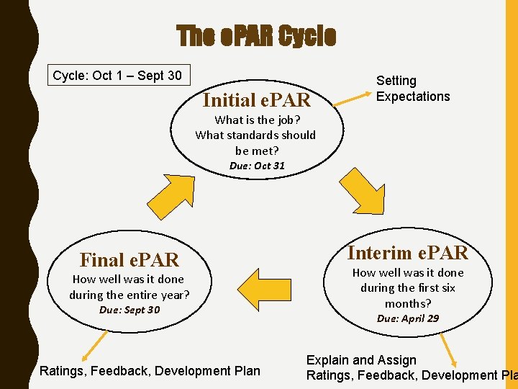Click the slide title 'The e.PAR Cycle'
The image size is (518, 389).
256,36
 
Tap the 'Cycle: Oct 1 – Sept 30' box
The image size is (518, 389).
117,76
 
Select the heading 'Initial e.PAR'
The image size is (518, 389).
257,100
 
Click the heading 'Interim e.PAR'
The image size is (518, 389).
407,253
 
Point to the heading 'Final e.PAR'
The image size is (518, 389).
129,259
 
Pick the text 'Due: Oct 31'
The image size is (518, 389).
257,166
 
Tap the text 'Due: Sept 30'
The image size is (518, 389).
129,310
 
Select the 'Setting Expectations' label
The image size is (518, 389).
412,89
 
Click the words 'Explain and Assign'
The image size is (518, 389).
361,360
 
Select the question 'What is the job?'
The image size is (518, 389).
257,120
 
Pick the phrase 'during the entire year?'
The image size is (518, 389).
129,295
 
